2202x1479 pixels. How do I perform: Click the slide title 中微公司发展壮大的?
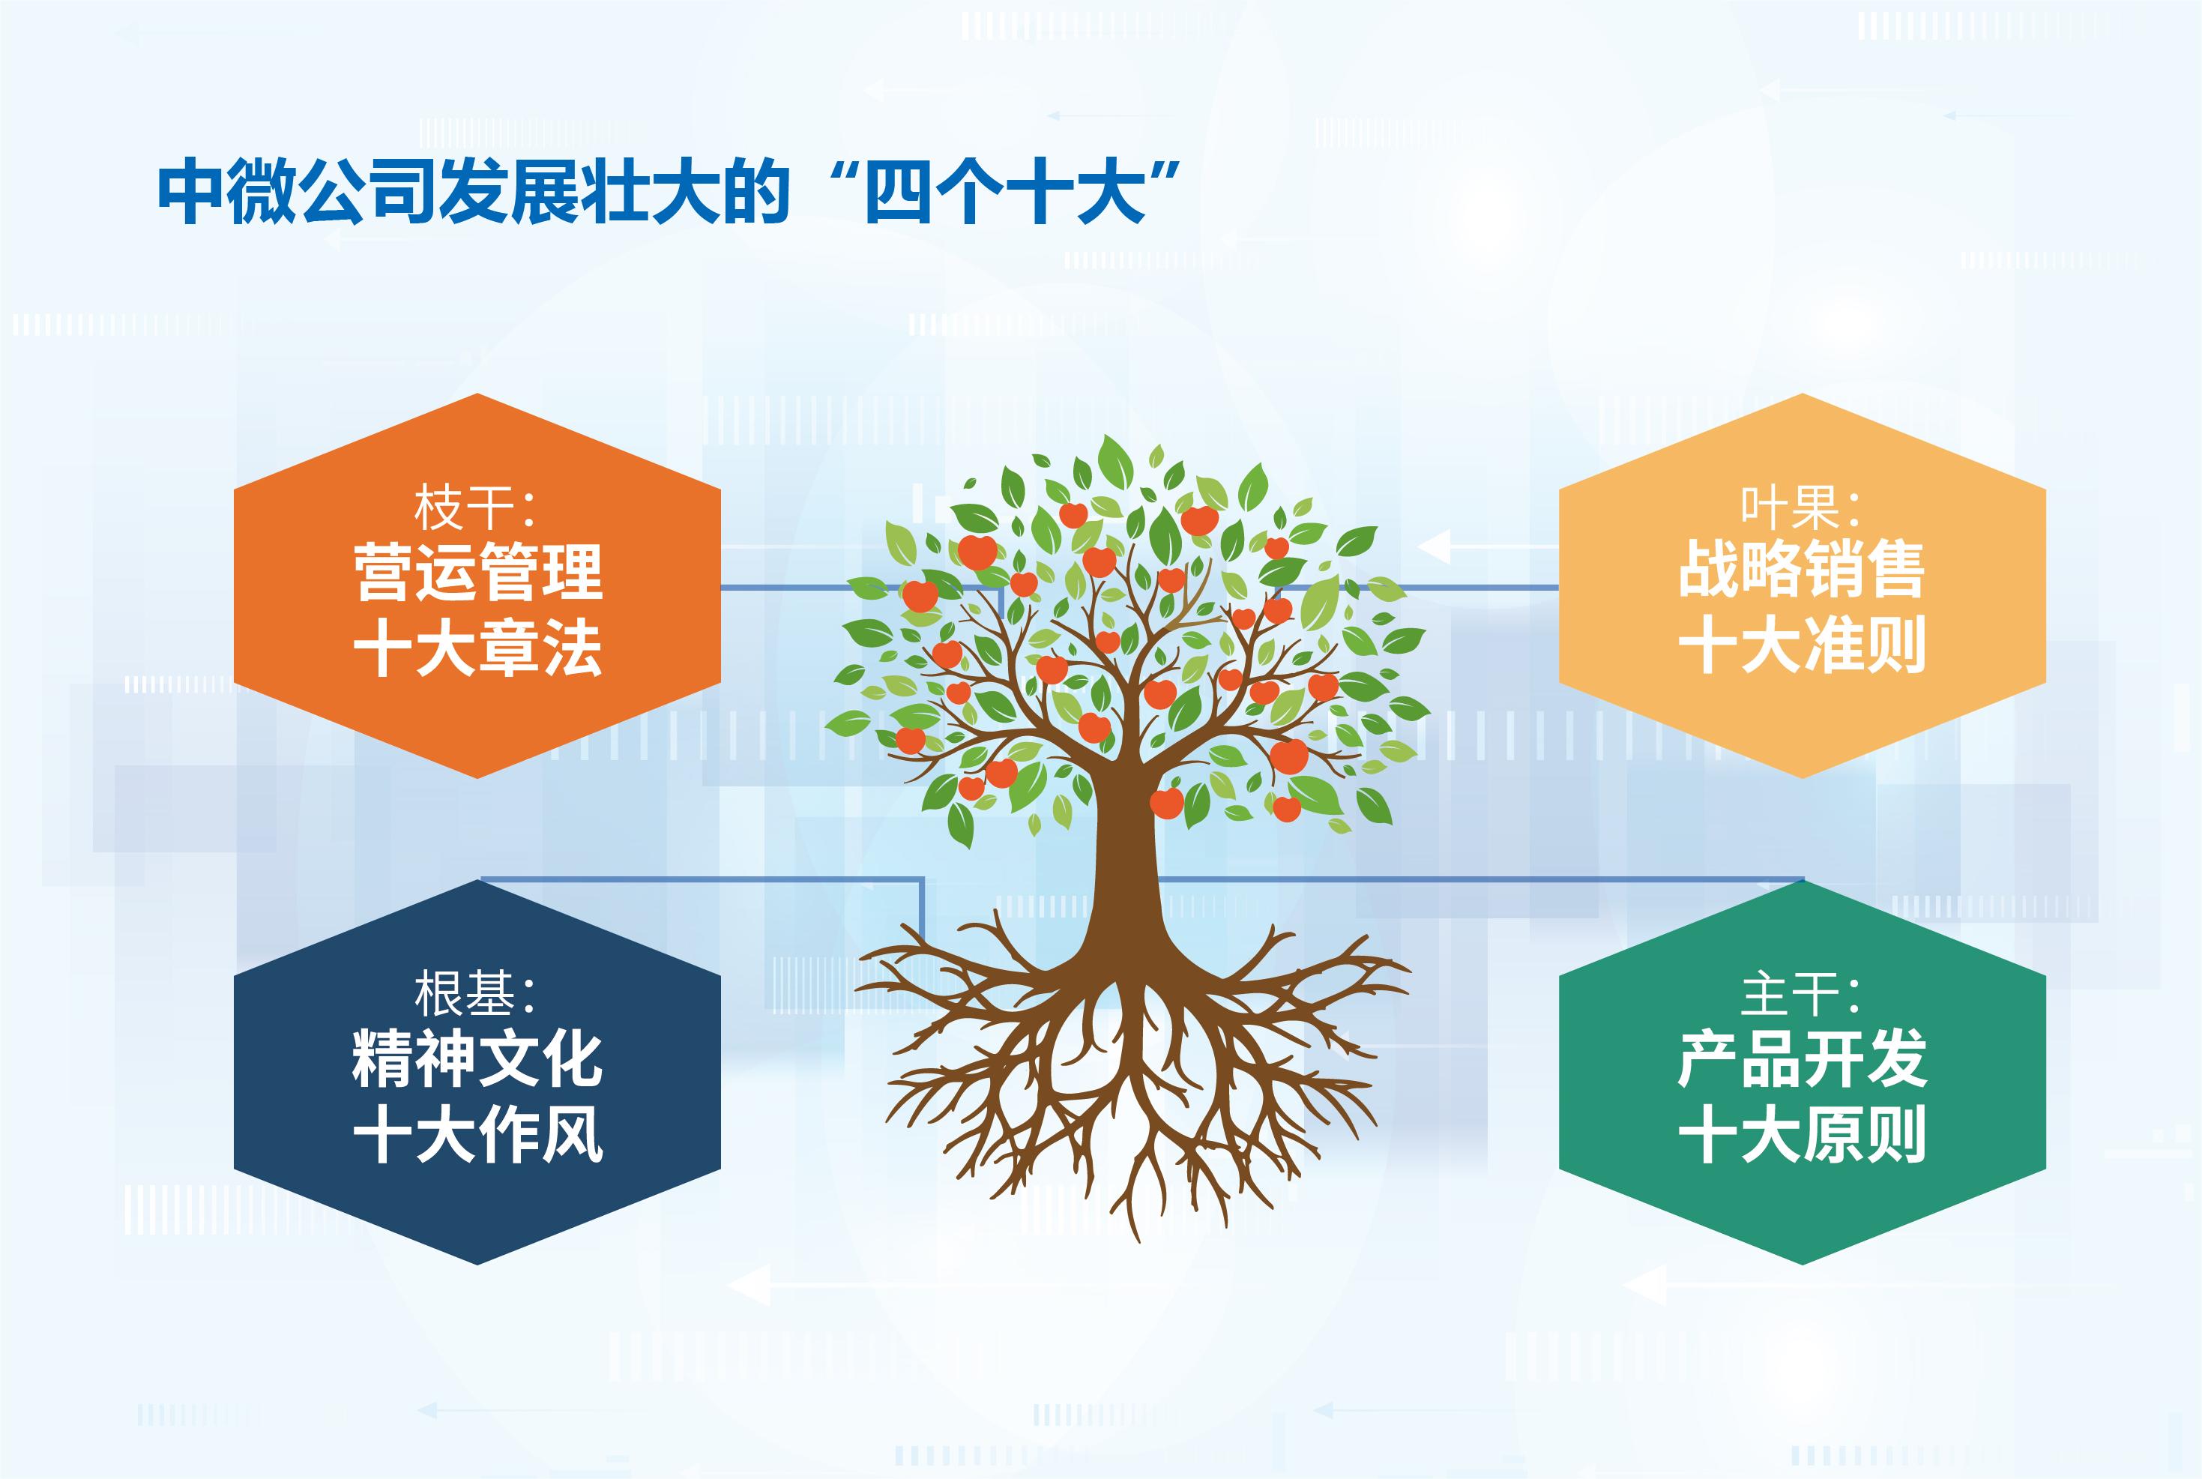[x=474, y=193]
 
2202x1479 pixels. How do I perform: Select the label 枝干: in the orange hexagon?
[x=475, y=507]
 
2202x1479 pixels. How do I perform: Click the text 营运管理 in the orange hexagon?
[x=477, y=572]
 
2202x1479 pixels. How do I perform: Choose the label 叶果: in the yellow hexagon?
[x=1801, y=507]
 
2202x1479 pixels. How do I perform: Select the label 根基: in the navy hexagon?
[x=475, y=993]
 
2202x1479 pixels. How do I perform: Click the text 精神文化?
[x=477, y=1058]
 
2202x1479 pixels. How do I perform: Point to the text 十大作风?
[x=477, y=1133]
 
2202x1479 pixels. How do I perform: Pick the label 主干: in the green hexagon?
[x=1801, y=994]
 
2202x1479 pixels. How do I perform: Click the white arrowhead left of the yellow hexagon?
[x=1435, y=547]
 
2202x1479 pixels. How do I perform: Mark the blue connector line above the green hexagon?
[x=1480, y=879]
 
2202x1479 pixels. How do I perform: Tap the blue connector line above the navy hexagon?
[x=702, y=879]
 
